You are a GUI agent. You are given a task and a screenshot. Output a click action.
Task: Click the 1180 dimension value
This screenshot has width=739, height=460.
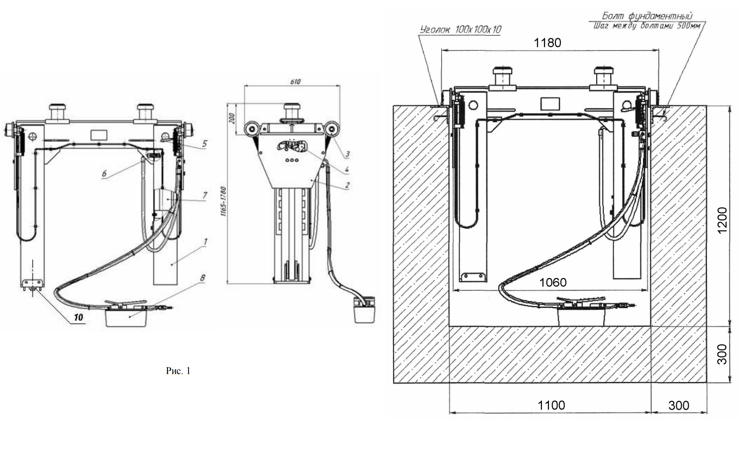point(547,43)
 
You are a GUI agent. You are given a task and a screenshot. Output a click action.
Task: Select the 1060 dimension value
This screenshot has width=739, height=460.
point(552,283)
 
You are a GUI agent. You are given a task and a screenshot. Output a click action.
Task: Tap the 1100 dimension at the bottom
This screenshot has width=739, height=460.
point(551,405)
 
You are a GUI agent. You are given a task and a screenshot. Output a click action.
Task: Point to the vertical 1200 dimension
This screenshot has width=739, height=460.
point(722,220)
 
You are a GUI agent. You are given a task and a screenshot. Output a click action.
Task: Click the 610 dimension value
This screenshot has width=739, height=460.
point(295,81)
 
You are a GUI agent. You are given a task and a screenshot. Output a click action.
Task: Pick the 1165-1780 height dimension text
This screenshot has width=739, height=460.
point(223,201)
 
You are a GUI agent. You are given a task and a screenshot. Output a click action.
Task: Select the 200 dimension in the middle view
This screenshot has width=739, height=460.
point(232,118)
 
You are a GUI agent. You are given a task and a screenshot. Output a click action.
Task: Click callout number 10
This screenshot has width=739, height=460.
point(78,317)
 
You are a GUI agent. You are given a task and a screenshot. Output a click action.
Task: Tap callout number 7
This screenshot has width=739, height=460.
point(205,196)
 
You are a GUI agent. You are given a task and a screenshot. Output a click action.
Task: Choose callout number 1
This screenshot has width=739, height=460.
point(205,242)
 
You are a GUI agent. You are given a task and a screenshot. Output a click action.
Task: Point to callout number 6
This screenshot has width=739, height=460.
point(104,173)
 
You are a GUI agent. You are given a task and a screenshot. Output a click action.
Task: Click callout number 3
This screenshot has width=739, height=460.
point(347,154)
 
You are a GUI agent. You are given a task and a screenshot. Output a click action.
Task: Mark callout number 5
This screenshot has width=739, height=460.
point(205,144)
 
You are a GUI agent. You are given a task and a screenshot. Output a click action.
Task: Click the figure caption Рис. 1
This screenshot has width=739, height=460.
point(178,371)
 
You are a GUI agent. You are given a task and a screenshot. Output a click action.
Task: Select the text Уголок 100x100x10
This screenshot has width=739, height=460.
point(460,30)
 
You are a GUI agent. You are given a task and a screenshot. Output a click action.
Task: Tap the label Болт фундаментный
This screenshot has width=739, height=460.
point(647,16)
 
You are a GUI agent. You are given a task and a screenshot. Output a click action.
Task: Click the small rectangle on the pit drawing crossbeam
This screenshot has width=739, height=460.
point(550,104)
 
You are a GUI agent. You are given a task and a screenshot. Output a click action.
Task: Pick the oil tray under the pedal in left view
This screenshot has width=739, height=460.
point(126,317)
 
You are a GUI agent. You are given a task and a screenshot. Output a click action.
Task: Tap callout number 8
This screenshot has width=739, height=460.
point(203,278)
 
